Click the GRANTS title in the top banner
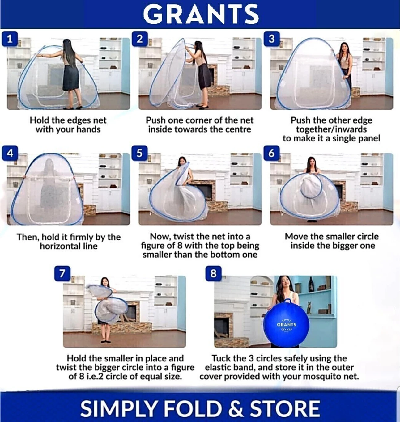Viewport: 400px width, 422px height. tap(201, 15)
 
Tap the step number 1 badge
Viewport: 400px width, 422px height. tap(10, 39)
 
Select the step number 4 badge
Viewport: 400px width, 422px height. tap(10, 153)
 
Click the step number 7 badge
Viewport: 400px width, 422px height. tap(62, 273)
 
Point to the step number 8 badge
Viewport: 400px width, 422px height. tap(213, 273)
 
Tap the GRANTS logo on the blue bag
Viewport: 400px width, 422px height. tap(286, 324)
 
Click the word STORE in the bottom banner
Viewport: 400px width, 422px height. tap(284, 408)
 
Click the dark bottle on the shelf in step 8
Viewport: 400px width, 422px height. tap(311, 284)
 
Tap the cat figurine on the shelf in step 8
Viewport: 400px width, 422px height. tap(309, 307)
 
